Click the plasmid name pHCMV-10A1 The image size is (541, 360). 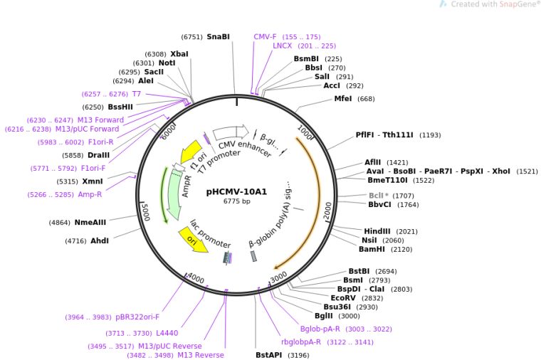[x=236, y=191]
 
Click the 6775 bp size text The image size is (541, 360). [x=236, y=201]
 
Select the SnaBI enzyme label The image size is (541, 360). [x=218, y=36]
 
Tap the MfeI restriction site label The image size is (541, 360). [x=343, y=99]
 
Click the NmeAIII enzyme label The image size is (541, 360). [x=90, y=223]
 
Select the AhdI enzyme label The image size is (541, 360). [x=100, y=241]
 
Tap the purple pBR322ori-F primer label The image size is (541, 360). [x=137, y=317]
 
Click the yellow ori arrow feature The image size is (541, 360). [x=194, y=240]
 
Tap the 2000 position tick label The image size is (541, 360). [x=327, y=211]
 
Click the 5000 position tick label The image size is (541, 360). [x=145, y=211]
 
